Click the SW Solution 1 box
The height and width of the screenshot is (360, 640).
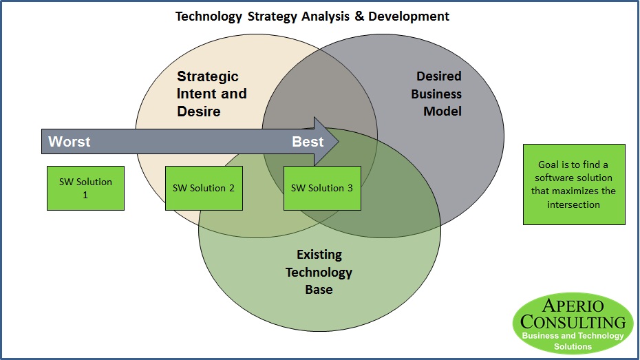click(86, 188)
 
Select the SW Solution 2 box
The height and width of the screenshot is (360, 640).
click(204, 188)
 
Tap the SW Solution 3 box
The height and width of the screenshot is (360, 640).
click(323, 188)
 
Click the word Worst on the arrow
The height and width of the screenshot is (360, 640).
click(70, 142)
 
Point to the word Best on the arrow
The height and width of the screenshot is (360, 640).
click(308, 142)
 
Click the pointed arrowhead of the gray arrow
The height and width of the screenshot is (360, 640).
click(339, 142)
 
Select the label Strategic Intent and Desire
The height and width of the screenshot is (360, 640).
click(212, 94)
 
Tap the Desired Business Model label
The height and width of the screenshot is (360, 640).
click(436, 94)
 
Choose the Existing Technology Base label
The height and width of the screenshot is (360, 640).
click(319, 272)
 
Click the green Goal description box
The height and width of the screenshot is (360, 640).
click(575, 184)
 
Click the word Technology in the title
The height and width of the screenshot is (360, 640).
click(209, 17)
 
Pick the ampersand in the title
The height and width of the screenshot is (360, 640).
click(359, 16)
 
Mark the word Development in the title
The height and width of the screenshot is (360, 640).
click(409, 17)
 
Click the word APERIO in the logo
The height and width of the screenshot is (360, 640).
click(573, 306)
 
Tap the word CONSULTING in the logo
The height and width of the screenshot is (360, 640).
click(573, 322)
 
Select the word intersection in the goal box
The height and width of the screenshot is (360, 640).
click(573, 204)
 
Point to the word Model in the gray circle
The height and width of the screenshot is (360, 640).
click(442, 112)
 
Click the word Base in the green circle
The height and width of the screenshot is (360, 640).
click(319, 289)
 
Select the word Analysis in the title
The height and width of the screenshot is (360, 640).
click(326, 17)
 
